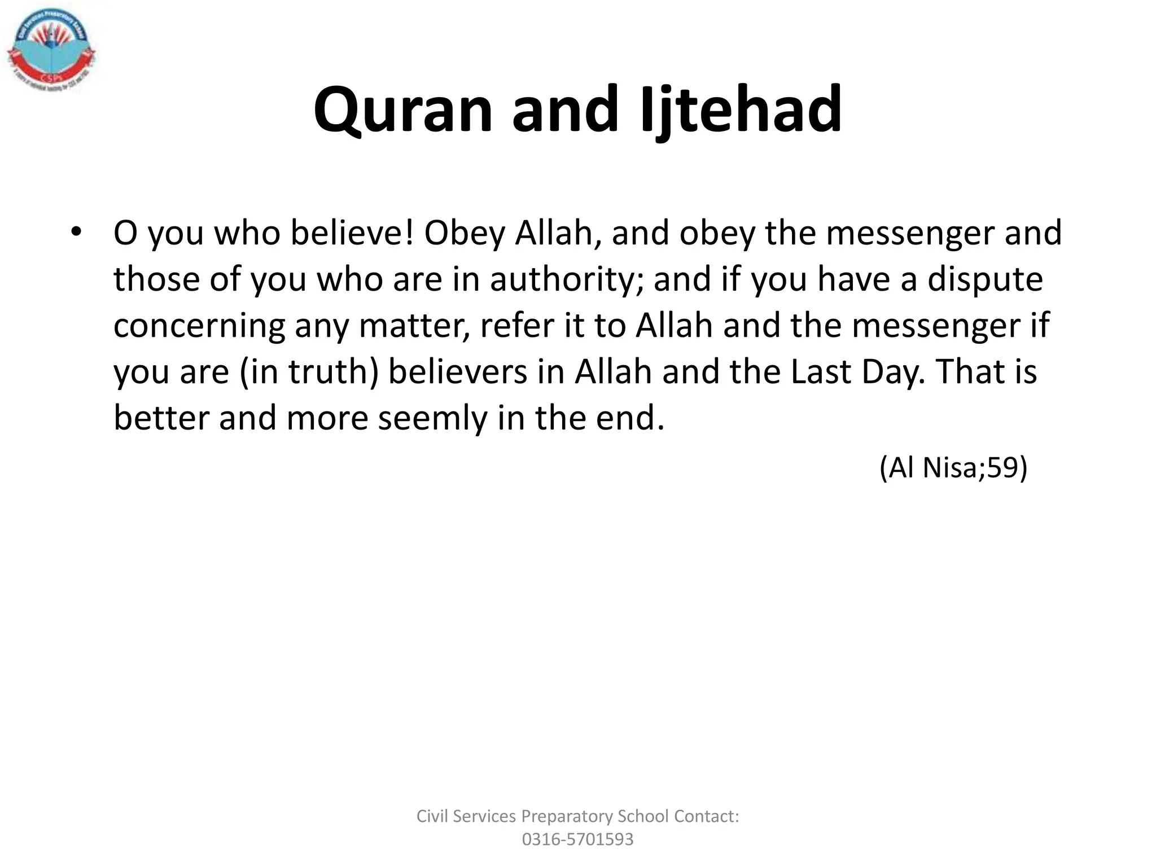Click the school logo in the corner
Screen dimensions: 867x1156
coord(51,51)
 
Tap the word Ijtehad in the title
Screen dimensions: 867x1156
coord(741,110)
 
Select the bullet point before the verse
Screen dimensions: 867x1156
coord(76,233)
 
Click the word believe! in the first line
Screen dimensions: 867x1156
coord(352,233)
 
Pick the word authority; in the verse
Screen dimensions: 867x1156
coord(566,279)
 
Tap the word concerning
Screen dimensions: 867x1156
coord(199,326)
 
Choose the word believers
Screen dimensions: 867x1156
coord(458,372)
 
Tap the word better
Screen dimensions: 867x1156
coord(161,418)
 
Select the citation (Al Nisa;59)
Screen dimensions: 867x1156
coord(953,467)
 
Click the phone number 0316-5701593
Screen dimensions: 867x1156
coord(577,839)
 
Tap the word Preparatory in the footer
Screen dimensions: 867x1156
coord(567,816)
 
